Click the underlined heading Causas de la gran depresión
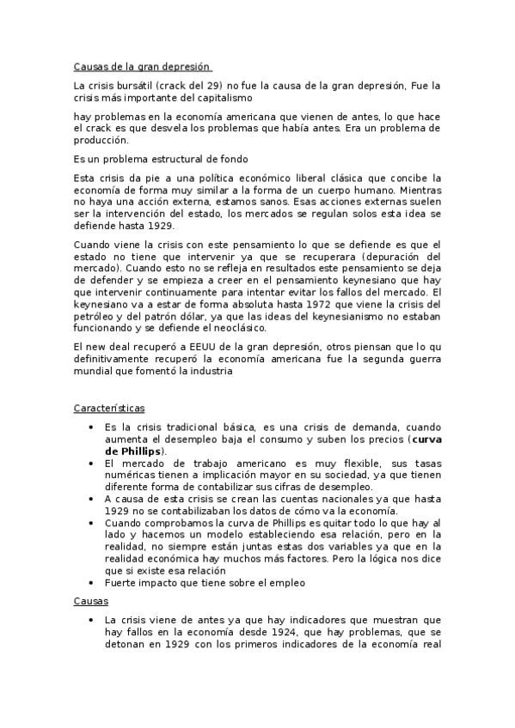point(141,66)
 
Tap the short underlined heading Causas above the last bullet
point(91,602)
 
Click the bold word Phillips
point(137,451)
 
